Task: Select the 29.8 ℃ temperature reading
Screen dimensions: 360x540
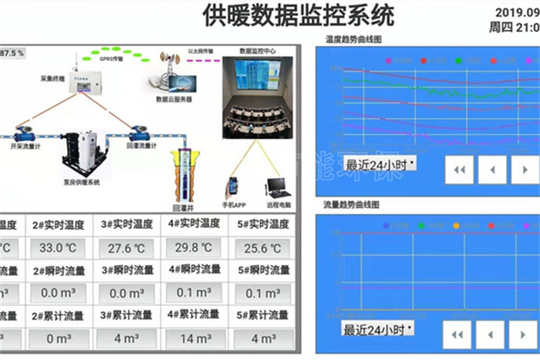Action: (194, 248)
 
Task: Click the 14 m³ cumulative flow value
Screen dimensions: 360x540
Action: (194, 338)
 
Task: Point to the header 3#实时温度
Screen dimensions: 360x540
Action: (127, 225)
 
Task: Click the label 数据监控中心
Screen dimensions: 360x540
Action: (257, 51)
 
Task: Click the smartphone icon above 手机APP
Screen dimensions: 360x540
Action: (233, 186)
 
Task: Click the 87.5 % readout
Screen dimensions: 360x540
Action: (12, 53)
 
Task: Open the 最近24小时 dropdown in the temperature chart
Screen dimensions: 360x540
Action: (379, 163)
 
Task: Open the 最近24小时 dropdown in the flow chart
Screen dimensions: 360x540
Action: (378, 329)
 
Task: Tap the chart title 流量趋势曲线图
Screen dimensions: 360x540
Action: (353, 205)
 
